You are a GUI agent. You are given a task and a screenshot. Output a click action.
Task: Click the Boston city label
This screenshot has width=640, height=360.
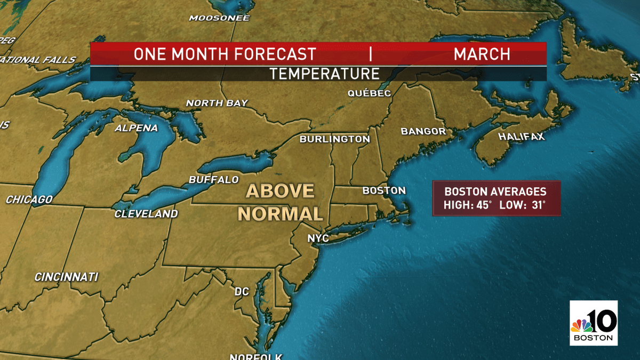(384, 190)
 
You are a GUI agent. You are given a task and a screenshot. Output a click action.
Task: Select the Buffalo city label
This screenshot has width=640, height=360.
(214, 180)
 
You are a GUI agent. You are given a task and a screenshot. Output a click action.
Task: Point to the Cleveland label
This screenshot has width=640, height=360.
(146, 214)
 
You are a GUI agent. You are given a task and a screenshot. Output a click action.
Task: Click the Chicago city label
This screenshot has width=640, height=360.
(29, 199)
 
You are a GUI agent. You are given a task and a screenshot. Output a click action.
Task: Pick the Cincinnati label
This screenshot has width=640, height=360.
(66, 277)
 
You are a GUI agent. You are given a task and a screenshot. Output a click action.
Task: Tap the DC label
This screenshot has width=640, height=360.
(242, 292)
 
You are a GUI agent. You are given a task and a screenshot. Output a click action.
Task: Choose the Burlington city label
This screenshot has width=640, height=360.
(334, 139)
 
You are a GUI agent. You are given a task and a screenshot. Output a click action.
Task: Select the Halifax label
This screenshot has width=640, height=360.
(522, 137)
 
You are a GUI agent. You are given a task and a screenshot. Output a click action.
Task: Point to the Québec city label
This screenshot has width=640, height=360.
(369, 93)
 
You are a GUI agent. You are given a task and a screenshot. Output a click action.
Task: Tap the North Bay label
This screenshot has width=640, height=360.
(217, 103)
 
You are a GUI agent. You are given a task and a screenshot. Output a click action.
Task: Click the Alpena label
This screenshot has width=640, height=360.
(137, 128)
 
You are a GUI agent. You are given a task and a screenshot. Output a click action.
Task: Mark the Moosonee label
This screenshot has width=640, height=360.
(219, 18)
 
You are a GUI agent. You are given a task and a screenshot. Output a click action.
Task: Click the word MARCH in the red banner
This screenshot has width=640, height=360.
(482, 54)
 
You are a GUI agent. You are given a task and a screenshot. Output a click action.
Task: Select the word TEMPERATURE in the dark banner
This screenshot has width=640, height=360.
(324, 74)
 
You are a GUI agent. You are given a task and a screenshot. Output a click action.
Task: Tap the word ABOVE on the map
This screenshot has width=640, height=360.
(280, 191)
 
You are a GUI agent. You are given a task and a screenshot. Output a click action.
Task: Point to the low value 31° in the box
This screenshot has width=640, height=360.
(538, 205)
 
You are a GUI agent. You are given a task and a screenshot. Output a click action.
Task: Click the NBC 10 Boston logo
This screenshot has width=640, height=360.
(594, 322)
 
